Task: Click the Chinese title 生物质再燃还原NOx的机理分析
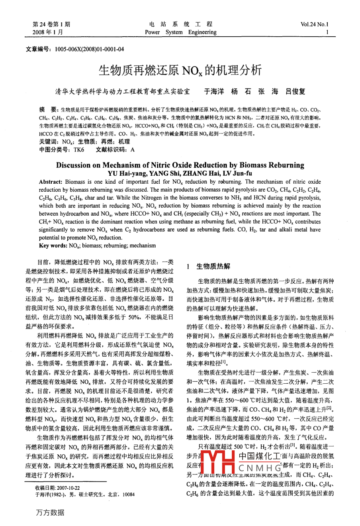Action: pyautogui.click(x=180, y=71)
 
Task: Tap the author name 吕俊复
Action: pyautogui.click(x=295, y=91)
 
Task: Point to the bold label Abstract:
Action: pyautogui.click(x=51, y=182)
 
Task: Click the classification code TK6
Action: pyautogui.click(x=79, y=150)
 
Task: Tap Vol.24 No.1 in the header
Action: pyautogui.click(x=315, y=24)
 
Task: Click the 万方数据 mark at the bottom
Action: pyautogui.click(x=50, y=512)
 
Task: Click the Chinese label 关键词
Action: pyautogui.click(x=49, y=141)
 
